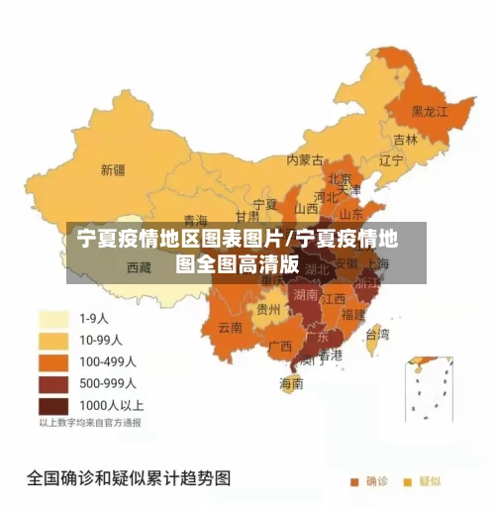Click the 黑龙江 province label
tap(430, 111)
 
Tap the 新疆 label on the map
tap(113, 169)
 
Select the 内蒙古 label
tap(305, 158)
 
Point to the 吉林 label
tap(406, 140)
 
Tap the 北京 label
tap(340, 179)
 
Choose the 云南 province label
tap(230, 327)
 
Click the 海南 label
tap(291, 383)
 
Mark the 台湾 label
tap(378, 334)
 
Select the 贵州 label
tap(268, 309)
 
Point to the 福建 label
tap(353, 314)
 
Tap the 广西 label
tap(280, 347)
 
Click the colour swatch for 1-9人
tap(54, 319)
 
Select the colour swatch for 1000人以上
tap(54, 405)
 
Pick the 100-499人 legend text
tap(108, 361)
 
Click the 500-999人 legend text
tap(108, 383)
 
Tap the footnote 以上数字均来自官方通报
tap(90, 423)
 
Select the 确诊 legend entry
tap(369, 482)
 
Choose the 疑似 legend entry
tap(423, 482)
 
